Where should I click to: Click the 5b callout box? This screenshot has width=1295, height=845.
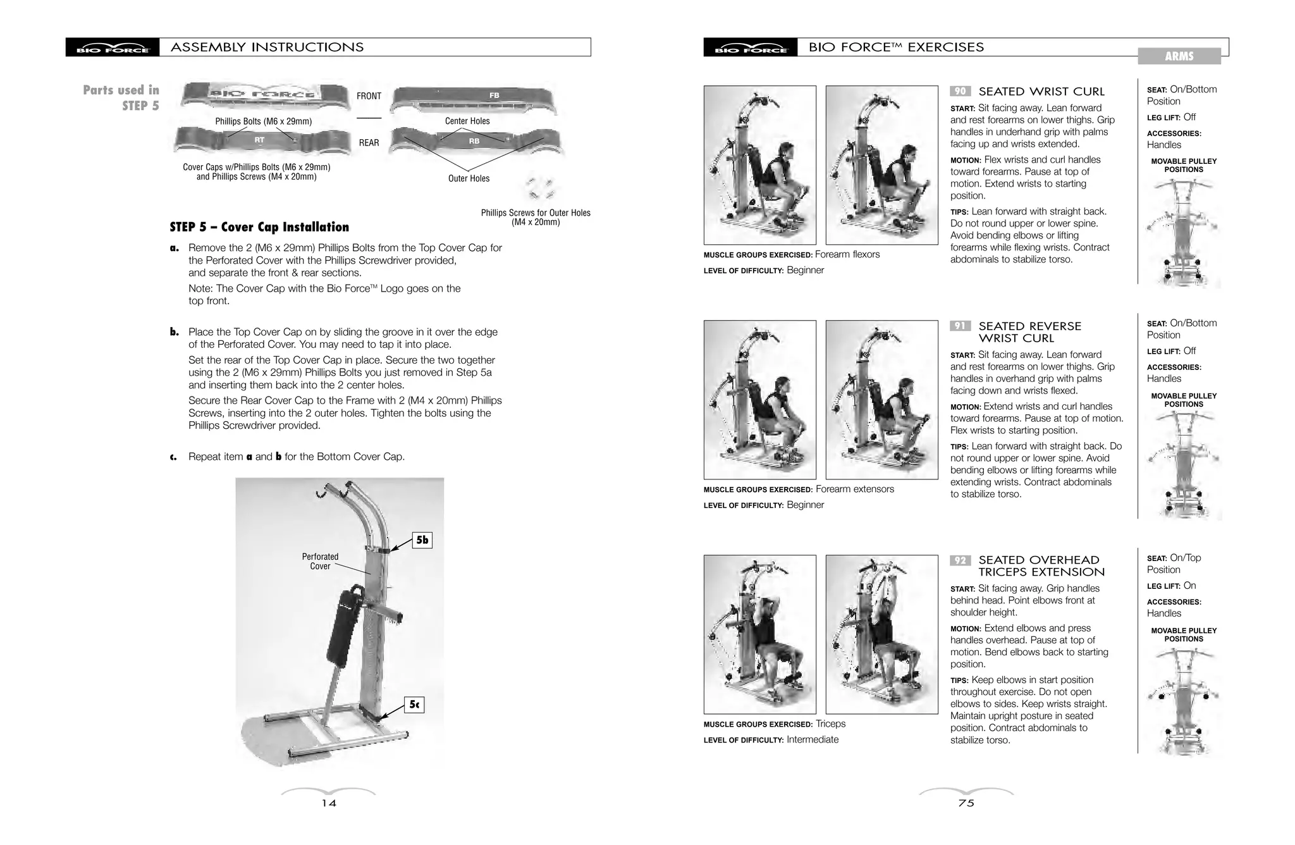pos(422,540)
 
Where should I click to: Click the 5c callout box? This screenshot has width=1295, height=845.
pos(414,704)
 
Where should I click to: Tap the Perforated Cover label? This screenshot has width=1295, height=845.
pos(320,561)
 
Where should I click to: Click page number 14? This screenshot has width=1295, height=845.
pos(329,803)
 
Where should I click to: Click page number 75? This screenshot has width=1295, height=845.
pos(966,803)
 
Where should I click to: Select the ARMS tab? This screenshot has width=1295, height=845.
pos(1179,56)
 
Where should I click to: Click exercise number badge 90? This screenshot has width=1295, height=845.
pos(960,91)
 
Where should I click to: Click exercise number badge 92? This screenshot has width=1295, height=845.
pos(960,560)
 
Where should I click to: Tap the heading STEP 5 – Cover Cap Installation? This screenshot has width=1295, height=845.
pos(259,227)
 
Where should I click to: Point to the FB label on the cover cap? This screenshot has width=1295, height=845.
pos(494,96)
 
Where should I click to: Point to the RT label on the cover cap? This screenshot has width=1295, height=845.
pos(259,139)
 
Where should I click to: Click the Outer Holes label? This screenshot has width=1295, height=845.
pos(469,178)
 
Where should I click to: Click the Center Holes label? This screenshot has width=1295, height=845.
pos(467,121)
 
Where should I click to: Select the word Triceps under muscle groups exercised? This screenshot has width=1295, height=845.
pos(830,724)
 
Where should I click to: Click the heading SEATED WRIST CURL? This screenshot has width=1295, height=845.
pos(1041,92)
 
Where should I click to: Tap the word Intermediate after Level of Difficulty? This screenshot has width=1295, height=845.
pos(813,739)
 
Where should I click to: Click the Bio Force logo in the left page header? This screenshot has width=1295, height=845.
pos(113,47)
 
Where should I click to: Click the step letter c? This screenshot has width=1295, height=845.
pos(173,457)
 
